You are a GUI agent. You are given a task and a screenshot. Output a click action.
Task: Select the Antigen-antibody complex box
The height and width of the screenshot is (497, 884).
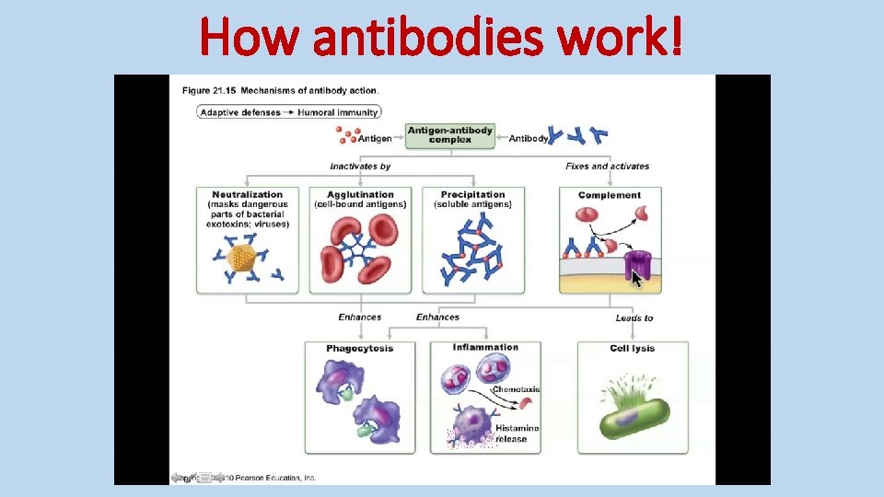click(449, 134)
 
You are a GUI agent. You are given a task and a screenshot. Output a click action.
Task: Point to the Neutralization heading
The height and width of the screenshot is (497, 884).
click(247, 194)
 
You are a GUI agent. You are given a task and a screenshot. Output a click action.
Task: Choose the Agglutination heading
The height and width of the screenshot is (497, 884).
click(359, 194)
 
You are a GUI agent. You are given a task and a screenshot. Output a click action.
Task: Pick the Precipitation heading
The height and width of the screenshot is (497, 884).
click(472, 194)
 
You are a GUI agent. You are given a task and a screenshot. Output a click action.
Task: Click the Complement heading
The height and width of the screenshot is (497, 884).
click(609, 195)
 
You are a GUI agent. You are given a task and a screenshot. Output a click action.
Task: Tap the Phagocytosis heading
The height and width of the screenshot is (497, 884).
click(359, 348)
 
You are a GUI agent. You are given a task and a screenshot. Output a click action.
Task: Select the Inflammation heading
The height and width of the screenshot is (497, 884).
click(485, 347)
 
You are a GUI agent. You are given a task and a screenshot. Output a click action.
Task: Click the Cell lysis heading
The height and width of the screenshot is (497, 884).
click(632, 348)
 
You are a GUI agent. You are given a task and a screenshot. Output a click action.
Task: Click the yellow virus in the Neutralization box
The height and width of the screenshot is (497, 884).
click(240, 259)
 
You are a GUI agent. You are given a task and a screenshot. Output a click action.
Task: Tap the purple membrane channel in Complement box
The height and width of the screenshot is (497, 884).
click(637, 263)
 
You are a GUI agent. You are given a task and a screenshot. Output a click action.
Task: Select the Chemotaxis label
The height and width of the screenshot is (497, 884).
click(516, 389)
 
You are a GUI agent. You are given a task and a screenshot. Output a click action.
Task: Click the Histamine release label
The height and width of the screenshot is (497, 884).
click(516, 433)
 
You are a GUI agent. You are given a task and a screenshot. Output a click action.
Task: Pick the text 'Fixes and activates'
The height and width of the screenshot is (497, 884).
click(607, 167)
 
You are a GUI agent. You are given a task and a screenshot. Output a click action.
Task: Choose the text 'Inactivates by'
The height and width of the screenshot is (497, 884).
click(360, 167)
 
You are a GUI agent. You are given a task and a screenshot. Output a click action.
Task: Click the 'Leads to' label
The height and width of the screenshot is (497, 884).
click(634, 318)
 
